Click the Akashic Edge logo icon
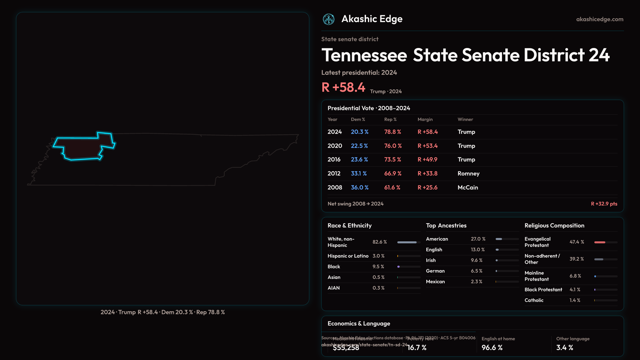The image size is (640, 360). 329,19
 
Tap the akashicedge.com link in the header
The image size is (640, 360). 600,19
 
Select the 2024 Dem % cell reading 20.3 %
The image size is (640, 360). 360,132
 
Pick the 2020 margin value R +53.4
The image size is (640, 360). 428,146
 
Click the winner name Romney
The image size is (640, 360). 468,174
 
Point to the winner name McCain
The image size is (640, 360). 468,188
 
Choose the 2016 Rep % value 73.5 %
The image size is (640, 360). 393,160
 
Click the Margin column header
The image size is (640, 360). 425,119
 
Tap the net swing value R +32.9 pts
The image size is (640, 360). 604,204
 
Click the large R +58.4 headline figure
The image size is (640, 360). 343,87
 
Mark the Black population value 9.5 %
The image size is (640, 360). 378,267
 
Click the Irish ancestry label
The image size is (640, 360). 431,260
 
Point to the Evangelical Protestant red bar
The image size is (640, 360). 600,242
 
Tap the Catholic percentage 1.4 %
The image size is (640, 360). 575,300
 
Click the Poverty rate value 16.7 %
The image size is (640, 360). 417,348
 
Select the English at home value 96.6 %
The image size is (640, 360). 492,348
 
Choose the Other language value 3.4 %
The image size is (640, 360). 565,348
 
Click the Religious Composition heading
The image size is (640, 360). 554,226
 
